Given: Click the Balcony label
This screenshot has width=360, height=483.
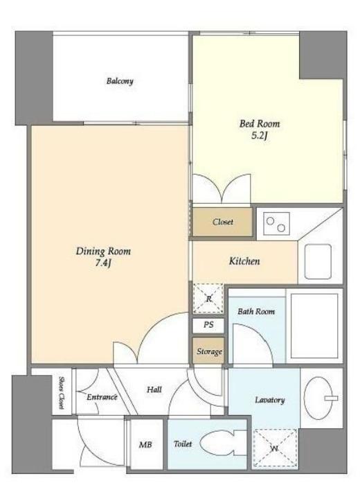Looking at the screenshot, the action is pos(120,81).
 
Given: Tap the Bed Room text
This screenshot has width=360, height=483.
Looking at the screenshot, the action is pos(260,124).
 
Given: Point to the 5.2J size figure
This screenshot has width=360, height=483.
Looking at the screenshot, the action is pos(259,136).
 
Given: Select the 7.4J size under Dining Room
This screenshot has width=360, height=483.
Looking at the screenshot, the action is pos(103,263).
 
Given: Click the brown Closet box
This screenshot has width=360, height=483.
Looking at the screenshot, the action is pos(222,222).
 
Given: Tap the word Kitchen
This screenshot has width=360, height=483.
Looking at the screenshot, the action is pos(244,261).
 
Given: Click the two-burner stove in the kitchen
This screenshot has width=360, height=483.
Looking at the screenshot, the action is pos(276,224).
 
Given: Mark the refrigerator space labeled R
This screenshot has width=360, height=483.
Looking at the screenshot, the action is pos(208,299).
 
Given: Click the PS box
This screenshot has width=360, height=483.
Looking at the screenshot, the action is pos(208,325).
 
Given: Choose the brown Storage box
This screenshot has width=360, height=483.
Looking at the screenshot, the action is pos(208,351).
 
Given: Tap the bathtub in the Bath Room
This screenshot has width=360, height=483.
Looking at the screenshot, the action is pos(314,326).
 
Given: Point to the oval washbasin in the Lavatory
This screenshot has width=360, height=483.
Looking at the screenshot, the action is pos(318,398).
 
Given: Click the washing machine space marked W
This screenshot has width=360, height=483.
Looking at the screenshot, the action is pos(275,449).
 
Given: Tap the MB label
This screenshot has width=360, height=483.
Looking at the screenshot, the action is pos(145,444).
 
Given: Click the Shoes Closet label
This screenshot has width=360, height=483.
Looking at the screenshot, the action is pos(61,393).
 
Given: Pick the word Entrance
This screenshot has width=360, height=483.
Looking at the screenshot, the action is pos(102,397).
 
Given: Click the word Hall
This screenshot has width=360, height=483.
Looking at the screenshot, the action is pos(154,389).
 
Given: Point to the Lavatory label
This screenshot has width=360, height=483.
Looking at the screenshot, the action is pos(269,400).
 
